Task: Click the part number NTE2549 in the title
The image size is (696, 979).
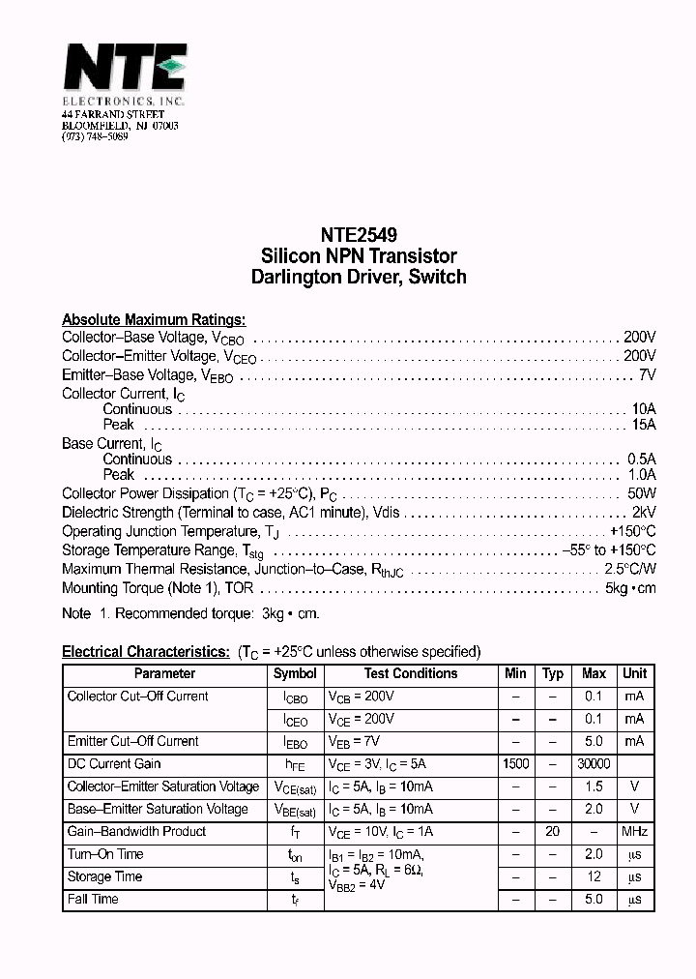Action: tap(359, 235)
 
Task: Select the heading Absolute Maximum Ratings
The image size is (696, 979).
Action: tap(154, 320)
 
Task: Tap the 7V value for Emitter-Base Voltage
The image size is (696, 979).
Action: tap(648, 374)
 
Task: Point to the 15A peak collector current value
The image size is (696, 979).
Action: tap(644, 425)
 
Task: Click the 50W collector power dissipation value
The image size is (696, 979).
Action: tap(642, 494)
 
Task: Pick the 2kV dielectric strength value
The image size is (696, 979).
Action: tap(644, 513)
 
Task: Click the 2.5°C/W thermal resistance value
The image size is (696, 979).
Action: tap(630, 569)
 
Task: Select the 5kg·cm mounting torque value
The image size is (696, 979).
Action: tap(630, 588)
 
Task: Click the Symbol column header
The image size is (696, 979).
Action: tap(295, 673)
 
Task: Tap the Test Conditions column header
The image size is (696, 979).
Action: tap(411, 673)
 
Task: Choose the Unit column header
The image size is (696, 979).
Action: tap(635, 673)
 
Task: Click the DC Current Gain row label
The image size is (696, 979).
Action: tap(114, 764)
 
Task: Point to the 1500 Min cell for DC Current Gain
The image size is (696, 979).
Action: tap(516, 764)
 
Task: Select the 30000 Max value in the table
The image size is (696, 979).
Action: tap(594, 764)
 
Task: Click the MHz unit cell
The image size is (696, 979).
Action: tap(635, 832)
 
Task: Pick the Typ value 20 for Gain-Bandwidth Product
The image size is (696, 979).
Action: tap(553, 832)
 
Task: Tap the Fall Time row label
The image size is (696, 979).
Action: tap(93, 900)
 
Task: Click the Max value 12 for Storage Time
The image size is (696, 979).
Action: tap(594, 877)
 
